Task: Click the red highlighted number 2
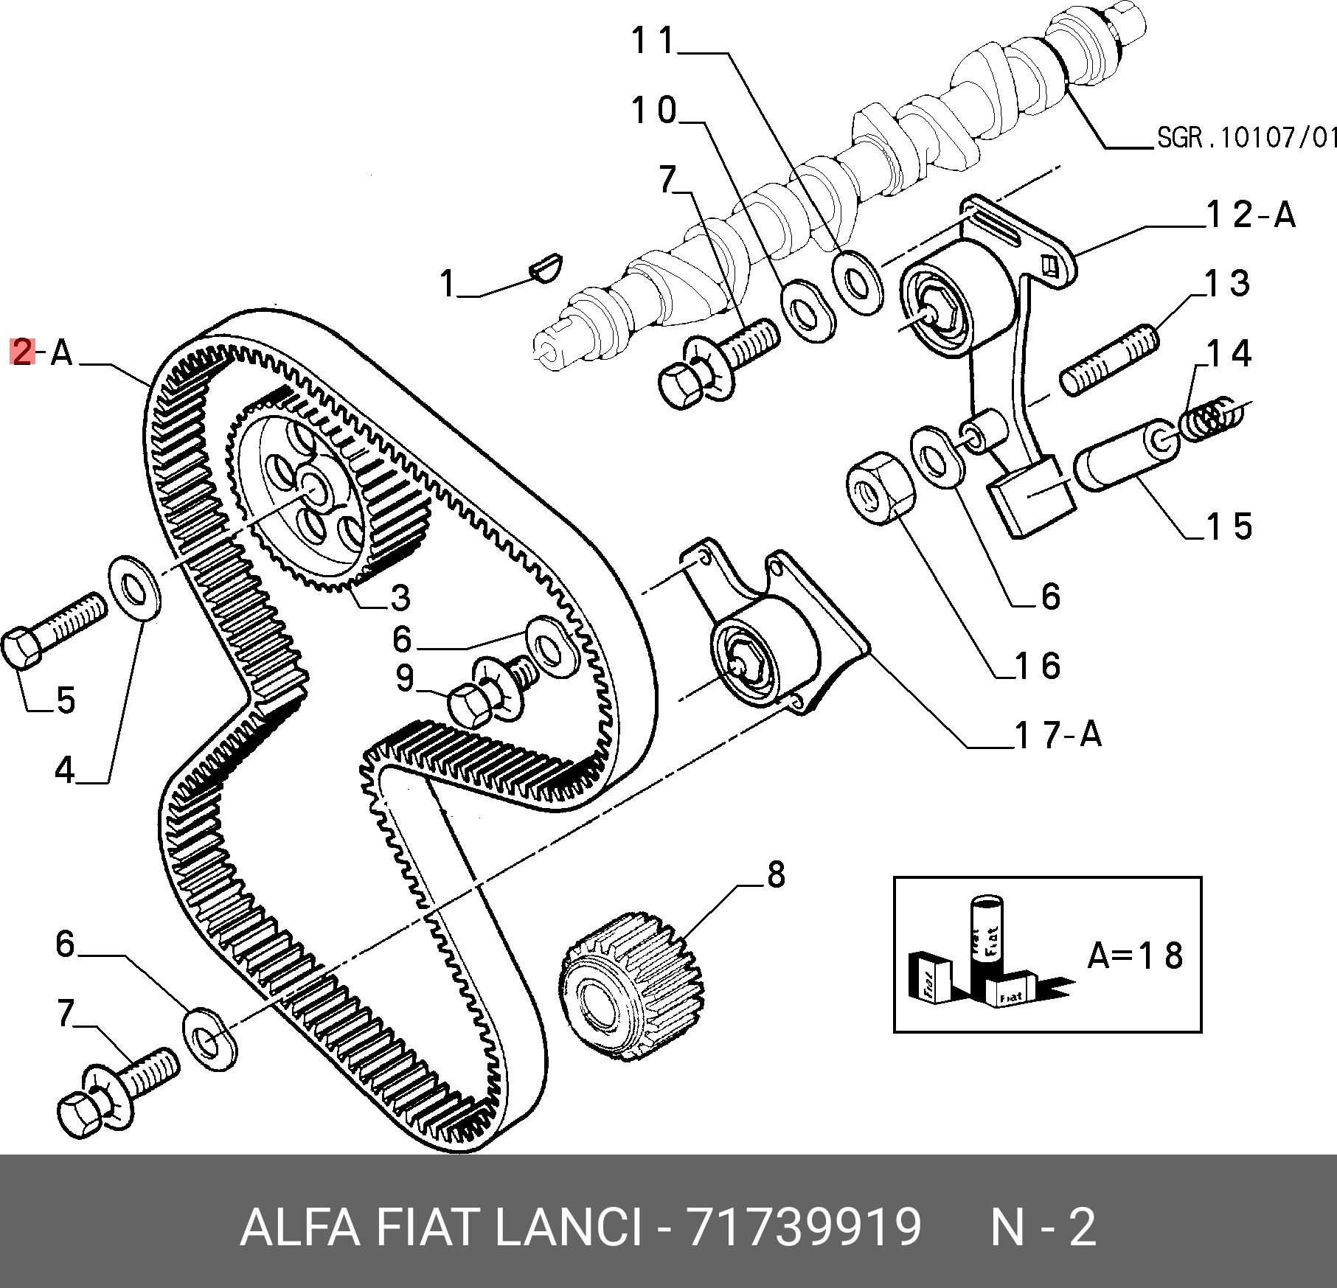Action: (x=22, y=352)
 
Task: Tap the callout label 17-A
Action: (x=1058, y=734)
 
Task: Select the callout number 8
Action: (x=776, y=875)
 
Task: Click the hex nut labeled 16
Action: (x=880, y=488)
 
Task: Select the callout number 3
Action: (x=400, y=598)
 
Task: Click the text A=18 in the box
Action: (x=1135, y=955)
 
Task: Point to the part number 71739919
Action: (x=804, y=1228)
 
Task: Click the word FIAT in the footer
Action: (x=426, y=1228)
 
